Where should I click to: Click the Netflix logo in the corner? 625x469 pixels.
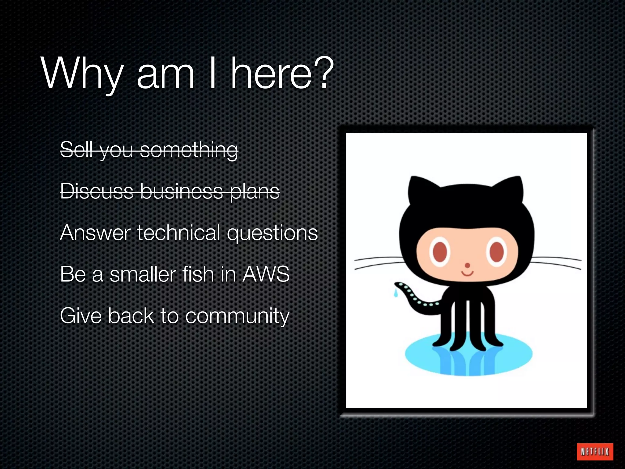click(595, 451)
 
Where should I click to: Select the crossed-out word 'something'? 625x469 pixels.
click(189, 150)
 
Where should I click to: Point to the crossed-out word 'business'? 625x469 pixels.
click(182, 191)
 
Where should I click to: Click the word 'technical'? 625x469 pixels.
click(179, 233)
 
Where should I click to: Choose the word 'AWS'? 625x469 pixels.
click(266, 274)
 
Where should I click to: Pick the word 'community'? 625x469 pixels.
click(237, 316)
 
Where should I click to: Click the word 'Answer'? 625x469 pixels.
click(96, 233)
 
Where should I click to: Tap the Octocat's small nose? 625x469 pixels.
click(467, 265)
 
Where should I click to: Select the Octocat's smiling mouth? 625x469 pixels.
click(467, 273)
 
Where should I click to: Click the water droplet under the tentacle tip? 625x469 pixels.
click(396, 293)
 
